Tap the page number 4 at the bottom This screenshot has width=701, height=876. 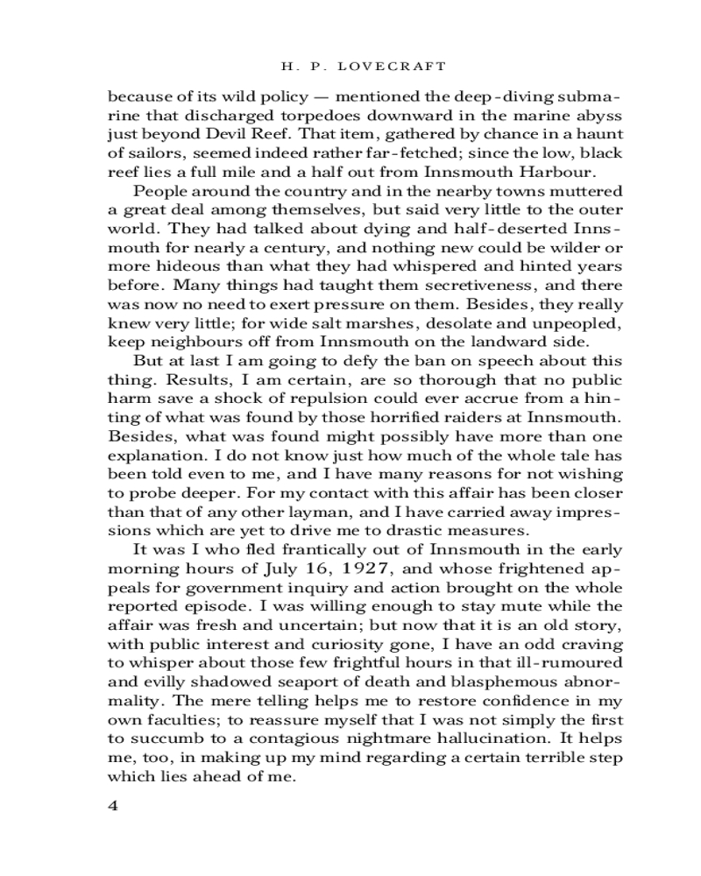[112, 806]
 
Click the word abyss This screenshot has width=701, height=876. [598, 114]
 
